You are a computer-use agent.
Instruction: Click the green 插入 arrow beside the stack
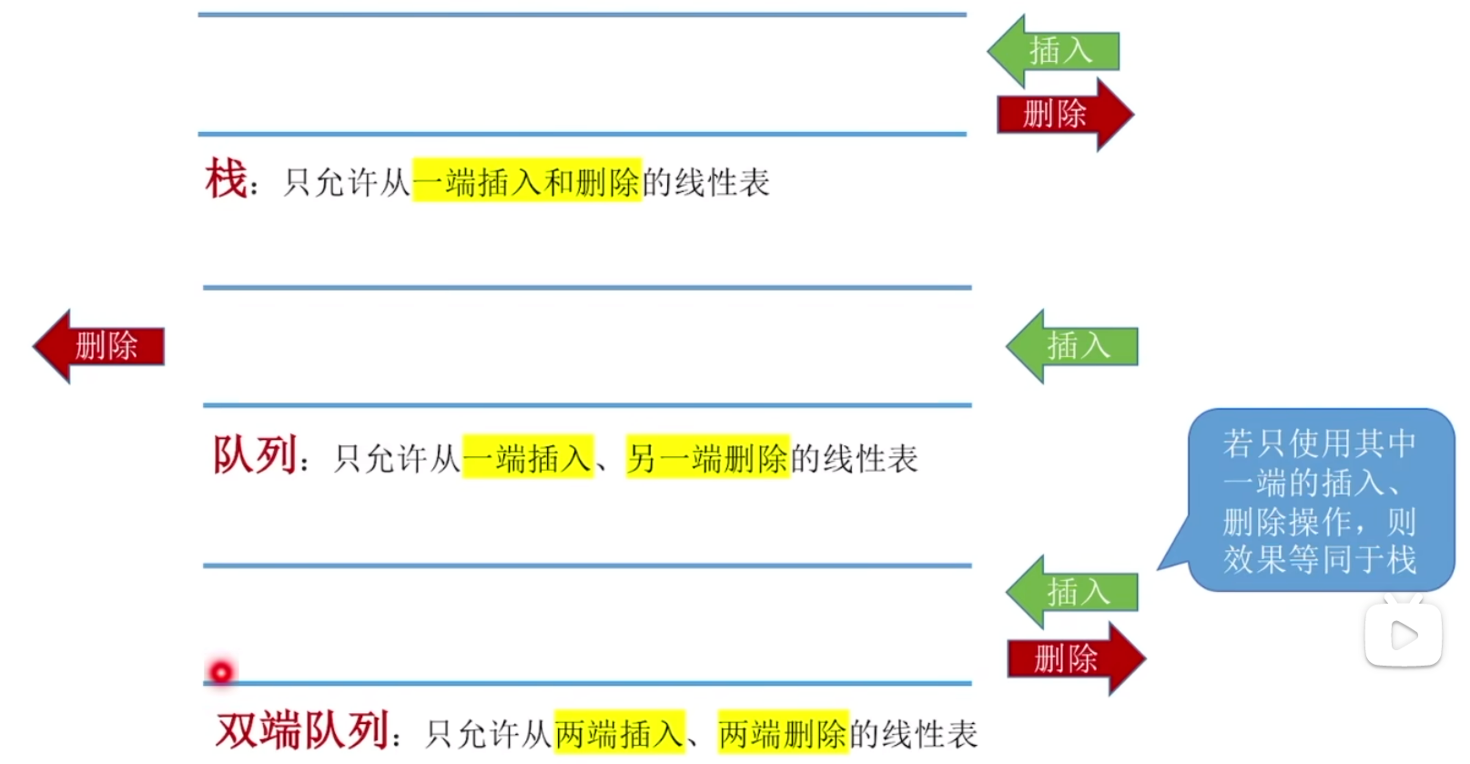[1056, 51]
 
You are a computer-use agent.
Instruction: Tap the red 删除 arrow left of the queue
[100, 346]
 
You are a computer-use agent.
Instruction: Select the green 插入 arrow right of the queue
[1074, 346]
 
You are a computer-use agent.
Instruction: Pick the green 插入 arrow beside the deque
[1074, 592]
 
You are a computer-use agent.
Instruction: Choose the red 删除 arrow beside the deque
[1074, 658]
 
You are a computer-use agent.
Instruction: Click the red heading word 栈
[226, 178]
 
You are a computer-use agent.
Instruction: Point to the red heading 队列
[255, 455]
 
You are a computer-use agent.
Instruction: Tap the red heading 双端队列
[303, 730]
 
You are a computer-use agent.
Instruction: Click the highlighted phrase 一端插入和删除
[527, 182]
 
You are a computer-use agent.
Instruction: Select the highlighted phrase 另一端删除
[707, 458]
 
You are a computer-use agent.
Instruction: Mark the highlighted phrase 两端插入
[619, 733]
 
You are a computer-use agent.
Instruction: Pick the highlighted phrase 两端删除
[783, 733]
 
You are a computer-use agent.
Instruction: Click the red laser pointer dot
[221, 672]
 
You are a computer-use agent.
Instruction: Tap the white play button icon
[1403, 636]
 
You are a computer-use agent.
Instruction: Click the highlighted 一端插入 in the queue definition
[528, 458]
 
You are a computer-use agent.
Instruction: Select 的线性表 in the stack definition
[706, 182]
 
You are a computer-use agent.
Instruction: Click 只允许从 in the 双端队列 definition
[489, 734]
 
